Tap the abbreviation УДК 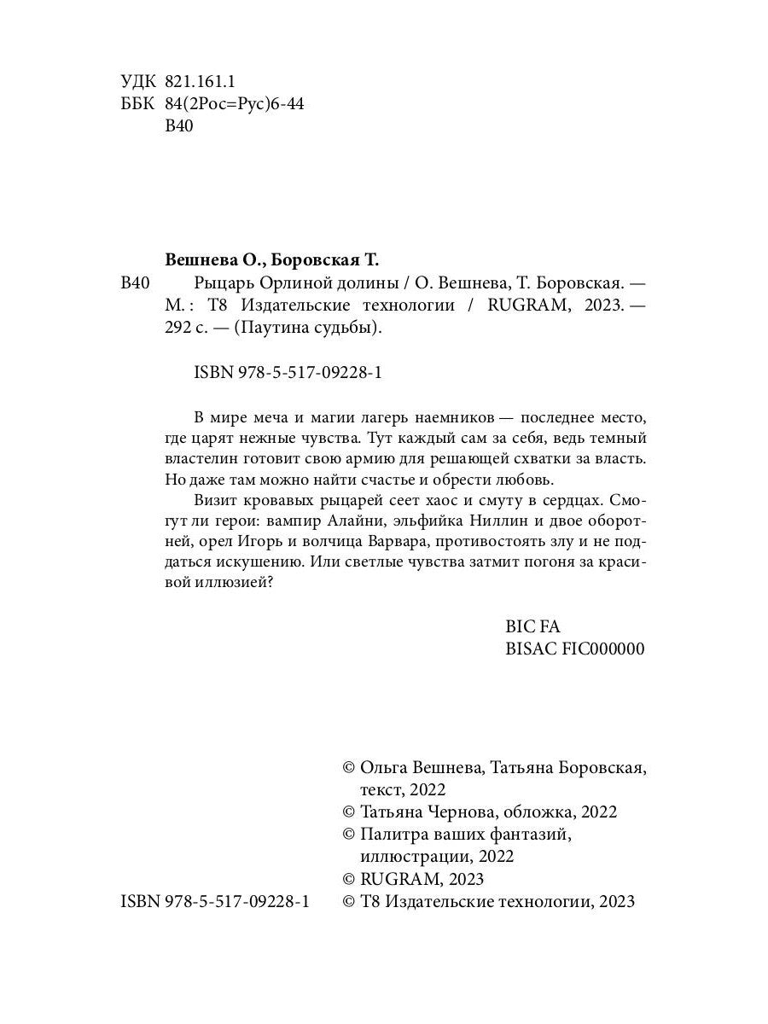tap(139, 81)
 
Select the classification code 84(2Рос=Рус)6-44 tap(233, 104)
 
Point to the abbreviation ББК tap(139, 104)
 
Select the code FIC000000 tap(602, 649)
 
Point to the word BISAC tap(531, 649)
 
